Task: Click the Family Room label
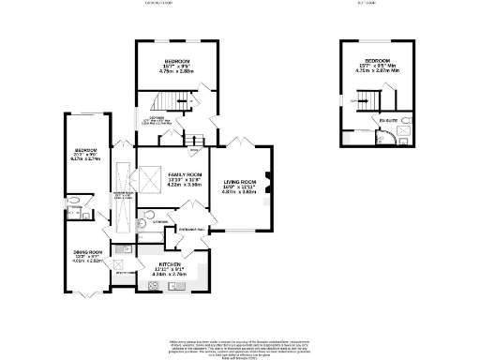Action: (x=185, y=174)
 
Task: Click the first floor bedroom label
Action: (x=378, y=60)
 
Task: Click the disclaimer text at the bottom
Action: (x=240, y=333)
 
